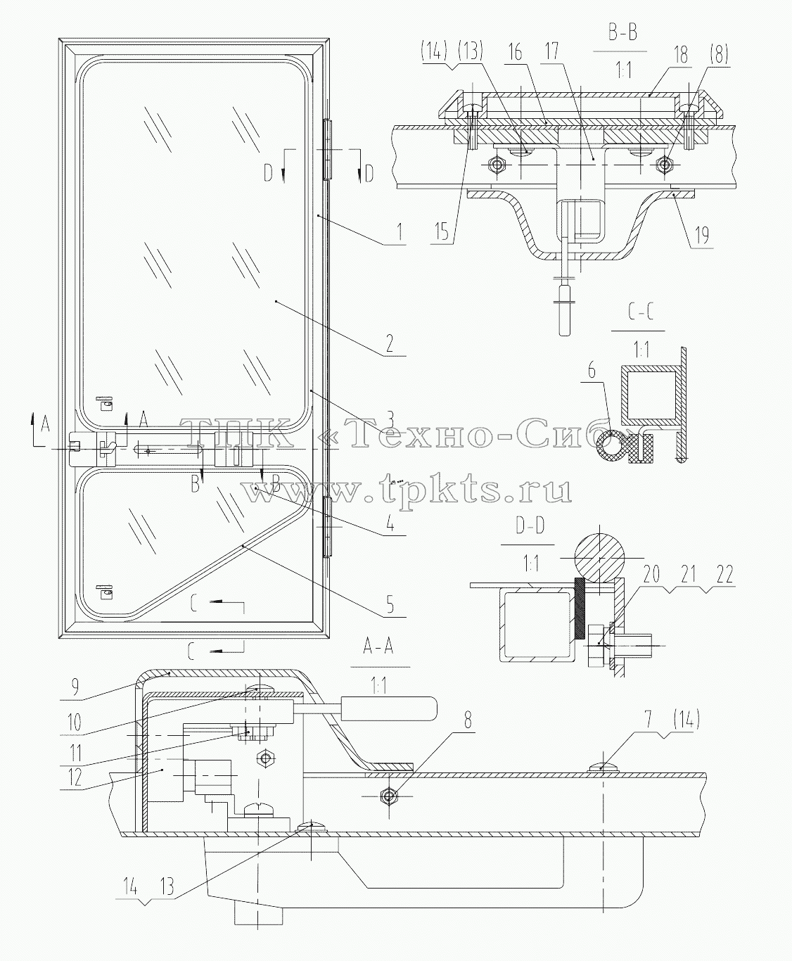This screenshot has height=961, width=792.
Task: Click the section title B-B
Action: (624, 34)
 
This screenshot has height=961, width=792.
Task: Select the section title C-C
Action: (641, 314)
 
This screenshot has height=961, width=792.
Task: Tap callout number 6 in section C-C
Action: (592, 371)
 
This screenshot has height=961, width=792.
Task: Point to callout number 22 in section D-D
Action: (724, 574)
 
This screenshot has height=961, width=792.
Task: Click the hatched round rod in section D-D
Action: (599, 556)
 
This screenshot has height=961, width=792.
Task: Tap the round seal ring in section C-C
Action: (611, 445)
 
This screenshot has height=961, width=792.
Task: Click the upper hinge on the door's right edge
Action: (326, 150)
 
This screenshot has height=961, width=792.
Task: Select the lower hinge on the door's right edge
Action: (326, 527)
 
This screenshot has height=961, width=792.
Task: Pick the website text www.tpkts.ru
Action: (407, 490)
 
